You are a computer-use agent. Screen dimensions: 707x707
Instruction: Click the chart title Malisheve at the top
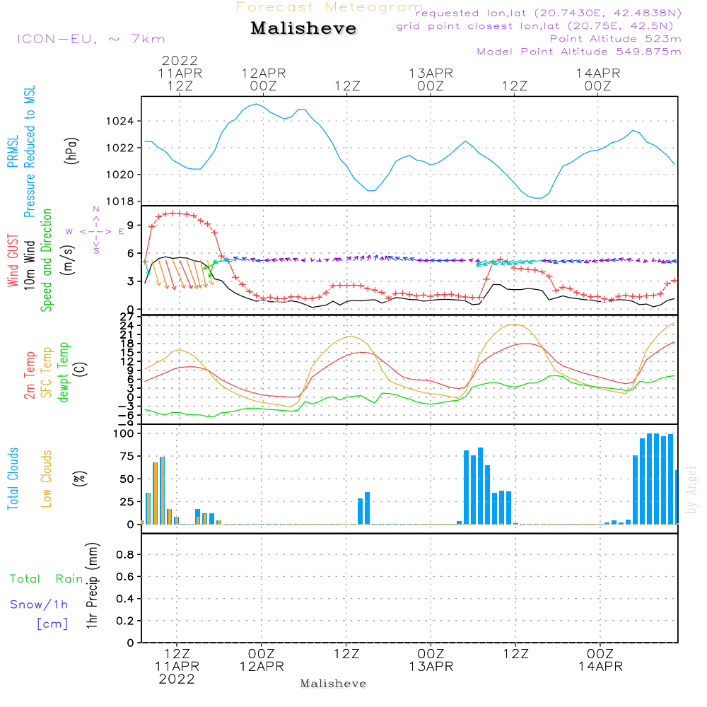[x=304, y=29]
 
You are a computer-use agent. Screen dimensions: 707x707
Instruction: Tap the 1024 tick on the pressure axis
[x=124, y=122]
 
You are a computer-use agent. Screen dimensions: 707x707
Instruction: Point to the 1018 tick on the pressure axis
[x=124, y=201]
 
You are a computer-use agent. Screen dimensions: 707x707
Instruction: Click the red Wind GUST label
[x=12, y=262]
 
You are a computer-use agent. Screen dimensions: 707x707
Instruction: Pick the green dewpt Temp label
[x=64, y=373]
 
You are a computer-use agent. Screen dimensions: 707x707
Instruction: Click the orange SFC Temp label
[x=47, y=373]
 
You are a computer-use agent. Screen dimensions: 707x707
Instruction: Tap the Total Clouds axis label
[x=12, y=479]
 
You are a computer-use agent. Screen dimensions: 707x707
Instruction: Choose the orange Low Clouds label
[x=47, y=479]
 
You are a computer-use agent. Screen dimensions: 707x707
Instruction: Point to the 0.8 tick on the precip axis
[x=124, y=555]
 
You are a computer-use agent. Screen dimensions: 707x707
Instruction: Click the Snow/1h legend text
[x=39, y=604]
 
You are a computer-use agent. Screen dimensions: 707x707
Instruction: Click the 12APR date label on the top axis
[x=263, y=73]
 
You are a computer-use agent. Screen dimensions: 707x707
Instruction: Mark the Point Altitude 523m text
[x=615, y=39]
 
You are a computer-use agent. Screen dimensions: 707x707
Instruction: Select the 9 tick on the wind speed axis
[x=129, y=227]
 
